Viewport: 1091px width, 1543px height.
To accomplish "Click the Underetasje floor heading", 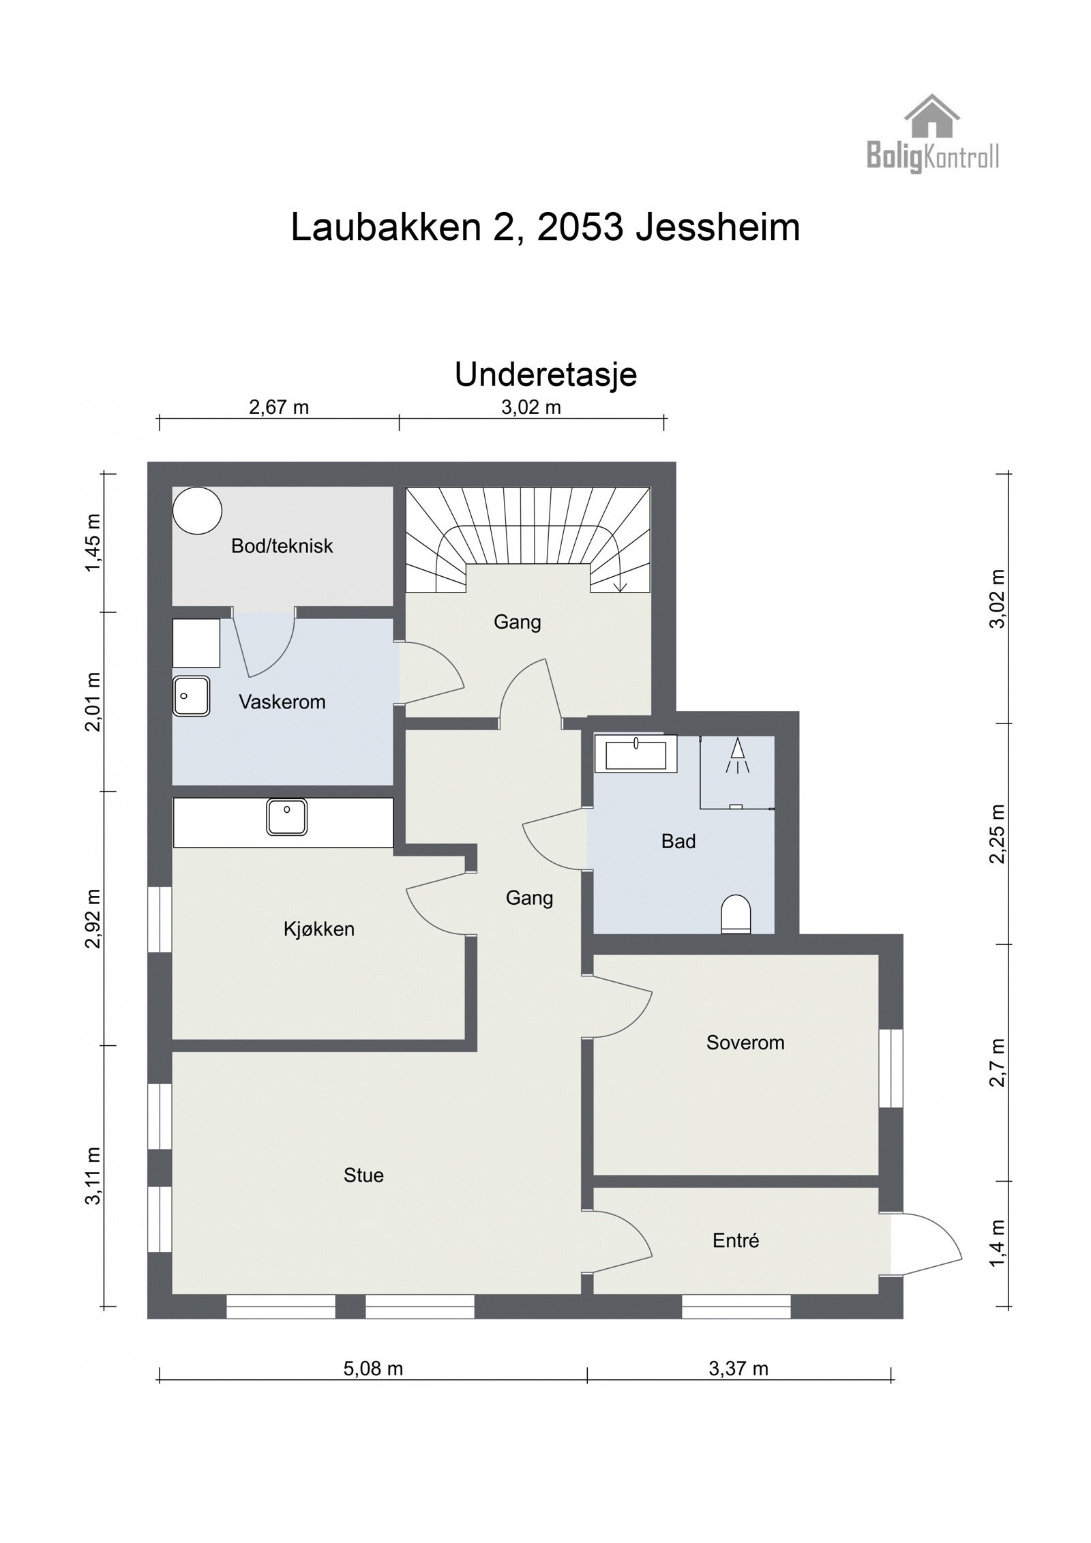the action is (x=545, y=375).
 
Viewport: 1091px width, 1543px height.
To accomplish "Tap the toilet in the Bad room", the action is (x=736, y=914).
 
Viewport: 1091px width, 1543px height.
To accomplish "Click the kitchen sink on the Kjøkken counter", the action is (x=287, y=817).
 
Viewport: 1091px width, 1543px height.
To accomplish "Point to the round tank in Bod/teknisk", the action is (x=197, y=510).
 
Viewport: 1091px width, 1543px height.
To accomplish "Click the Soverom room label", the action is (x=745, y=1043).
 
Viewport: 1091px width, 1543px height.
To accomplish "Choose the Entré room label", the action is (x=736, y=1240).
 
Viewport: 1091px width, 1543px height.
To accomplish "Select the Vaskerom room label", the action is (x=282, y=702).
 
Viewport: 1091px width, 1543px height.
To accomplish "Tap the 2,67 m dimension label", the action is (x=279, y=407).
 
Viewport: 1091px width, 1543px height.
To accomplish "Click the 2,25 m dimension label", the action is (x=998, y=833).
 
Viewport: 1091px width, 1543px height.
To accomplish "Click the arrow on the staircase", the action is (x=621, y=585).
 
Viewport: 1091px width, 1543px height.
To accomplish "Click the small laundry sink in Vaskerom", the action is (x=192, y=695).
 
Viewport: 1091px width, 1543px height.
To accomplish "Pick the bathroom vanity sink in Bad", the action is (x=635, y=753).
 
